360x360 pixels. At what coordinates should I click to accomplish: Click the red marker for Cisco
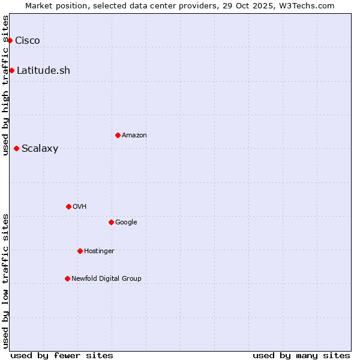10,40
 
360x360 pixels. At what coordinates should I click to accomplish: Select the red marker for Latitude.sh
11,70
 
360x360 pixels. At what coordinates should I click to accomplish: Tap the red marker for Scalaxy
16,148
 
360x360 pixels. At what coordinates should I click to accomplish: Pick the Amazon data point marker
118,135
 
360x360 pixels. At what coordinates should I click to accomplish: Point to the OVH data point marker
68,206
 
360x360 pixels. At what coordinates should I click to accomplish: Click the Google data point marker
111,222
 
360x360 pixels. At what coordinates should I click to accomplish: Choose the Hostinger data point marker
80,251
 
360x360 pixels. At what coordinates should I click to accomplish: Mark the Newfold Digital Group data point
67,278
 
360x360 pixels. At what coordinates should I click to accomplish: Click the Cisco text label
28,40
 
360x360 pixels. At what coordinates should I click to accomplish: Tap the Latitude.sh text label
43,70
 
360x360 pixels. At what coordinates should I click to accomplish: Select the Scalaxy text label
40,148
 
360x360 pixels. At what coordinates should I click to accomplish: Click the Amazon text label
134,135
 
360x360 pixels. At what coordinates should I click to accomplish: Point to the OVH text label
80,206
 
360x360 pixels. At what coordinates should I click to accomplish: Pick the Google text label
126,222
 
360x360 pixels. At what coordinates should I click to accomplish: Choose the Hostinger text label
99,251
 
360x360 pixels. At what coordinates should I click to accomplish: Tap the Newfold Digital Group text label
106,278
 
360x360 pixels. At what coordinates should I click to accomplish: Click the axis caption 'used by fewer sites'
62,355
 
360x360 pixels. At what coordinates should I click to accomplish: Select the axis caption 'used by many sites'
301,355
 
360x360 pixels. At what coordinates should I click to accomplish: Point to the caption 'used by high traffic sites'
5,85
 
